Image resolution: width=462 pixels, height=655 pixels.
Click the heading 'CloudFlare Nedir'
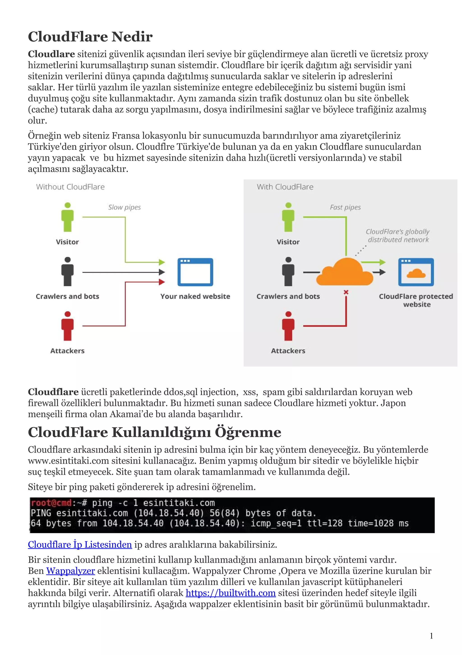pyautogui.click(x=90, y=37)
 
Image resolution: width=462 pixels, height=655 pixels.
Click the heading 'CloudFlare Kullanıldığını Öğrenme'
pyautogui.click(x=155, y=432)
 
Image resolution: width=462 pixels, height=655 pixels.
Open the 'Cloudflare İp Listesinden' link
pyautogui.click(x=80, y=545)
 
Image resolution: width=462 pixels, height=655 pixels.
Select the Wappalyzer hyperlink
pyautogui.click(x=70, y=571)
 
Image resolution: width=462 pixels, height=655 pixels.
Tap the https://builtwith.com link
pyautogui.click(x=231, y=593)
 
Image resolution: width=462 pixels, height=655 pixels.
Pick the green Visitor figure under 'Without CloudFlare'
pyautogui.click(x=67, y=217)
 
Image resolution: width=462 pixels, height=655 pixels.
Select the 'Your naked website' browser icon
pyautogui.click(x=195, y=272)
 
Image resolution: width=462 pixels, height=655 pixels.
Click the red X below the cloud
pyautogui.click(x=346, y=292)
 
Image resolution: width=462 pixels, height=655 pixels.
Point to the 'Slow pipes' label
pyautogui.click(x=125, y=207)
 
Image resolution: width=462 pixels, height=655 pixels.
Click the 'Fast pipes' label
pyautogui.click(x=345, y=207)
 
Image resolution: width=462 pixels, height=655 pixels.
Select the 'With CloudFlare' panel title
pyautogui.click(x=285, y=187)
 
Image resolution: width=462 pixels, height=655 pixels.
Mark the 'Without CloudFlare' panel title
pyautogui.click(x=70, y=187)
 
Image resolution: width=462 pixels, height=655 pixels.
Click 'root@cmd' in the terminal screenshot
pyautogui.click(x=51, y=503)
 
